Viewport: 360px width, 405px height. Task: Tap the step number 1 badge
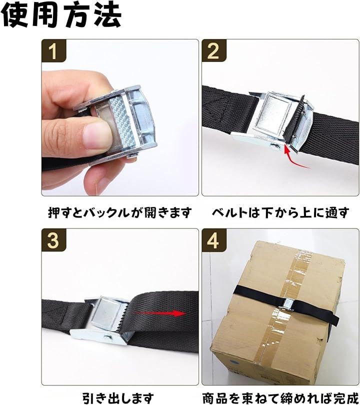pos(53,50)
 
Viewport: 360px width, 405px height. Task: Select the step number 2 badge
pos(214,50)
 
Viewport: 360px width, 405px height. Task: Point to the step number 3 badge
pos(53,240)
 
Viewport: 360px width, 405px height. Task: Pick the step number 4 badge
pos(214,240)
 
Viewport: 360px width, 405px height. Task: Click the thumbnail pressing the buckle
pos(120,117)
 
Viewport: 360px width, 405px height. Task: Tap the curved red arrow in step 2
pos(294,157)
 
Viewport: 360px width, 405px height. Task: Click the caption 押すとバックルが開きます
pos(120,212)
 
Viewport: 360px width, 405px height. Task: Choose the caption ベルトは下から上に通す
pos(280,212)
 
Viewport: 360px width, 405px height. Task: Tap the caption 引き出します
pos(118,398)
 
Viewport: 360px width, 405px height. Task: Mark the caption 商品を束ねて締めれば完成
pos(280,398)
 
